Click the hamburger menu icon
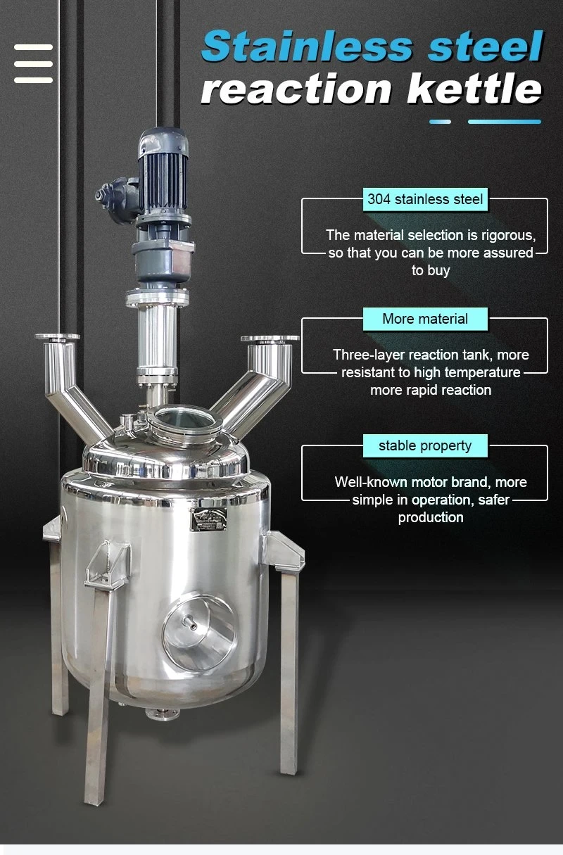33,63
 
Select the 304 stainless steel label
425,199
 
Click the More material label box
424,319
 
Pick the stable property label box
424,445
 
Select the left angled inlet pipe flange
58,338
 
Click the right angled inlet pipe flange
270,339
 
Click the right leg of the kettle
289,669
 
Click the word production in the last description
430,517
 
